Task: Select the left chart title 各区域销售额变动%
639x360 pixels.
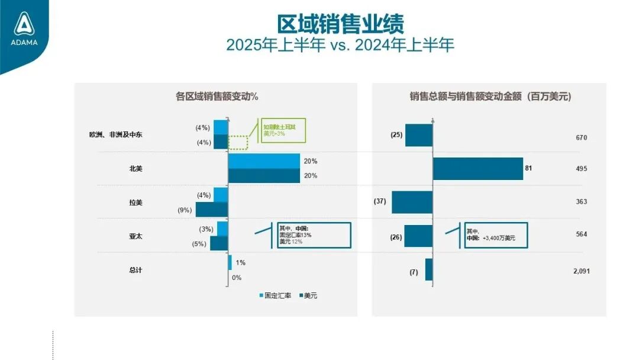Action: (x=218, y=97)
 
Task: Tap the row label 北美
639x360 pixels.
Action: (x=136, y=169)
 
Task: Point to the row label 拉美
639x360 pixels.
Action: (x=136, y=202)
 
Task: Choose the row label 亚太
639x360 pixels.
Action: (x=136, y=236)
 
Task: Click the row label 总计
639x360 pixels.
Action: (x=136, y=270)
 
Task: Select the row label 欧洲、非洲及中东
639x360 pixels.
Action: (x=112, y=135)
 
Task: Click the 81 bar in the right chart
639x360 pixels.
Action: (x=478, y=169)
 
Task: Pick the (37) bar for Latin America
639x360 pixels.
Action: (x=412, y=202)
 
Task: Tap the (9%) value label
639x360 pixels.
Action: (x=186, y=210)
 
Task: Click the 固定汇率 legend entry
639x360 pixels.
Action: (x=275, y=295)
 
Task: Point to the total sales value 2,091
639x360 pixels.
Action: (x=581, y=271)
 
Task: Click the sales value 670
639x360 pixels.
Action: (x=581, y=137)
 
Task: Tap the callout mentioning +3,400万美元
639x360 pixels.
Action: (x=496, y=234)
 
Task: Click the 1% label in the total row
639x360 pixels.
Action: (x=240, y=263)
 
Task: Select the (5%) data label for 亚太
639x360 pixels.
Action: (x=199, y=243)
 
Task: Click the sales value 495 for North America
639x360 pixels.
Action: (x=581, y=169)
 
